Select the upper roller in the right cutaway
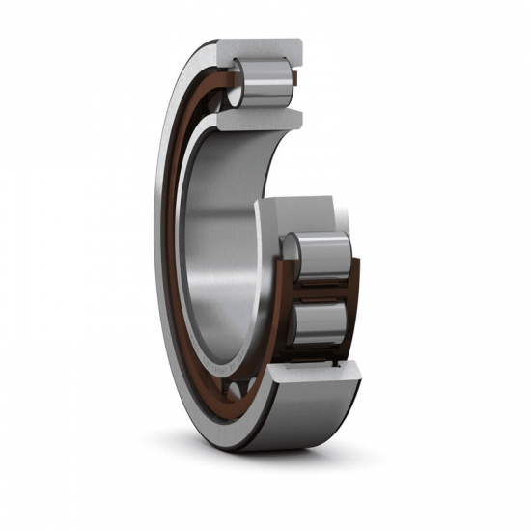(323, 256)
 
